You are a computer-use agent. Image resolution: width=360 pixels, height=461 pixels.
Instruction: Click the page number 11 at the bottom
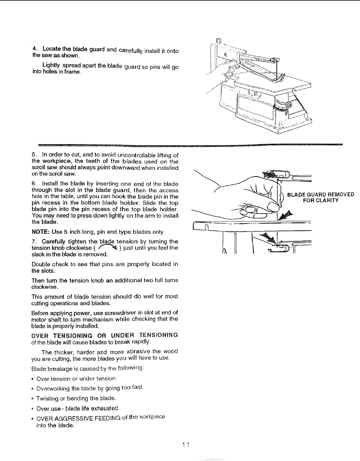pyautogui.click(x=186, y=445)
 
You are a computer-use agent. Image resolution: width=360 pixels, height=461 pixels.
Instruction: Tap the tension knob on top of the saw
pyautogui.click(x=218, y=40)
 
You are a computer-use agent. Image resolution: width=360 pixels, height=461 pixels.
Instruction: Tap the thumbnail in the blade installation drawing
pyautogui.click(x=251, y=210)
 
